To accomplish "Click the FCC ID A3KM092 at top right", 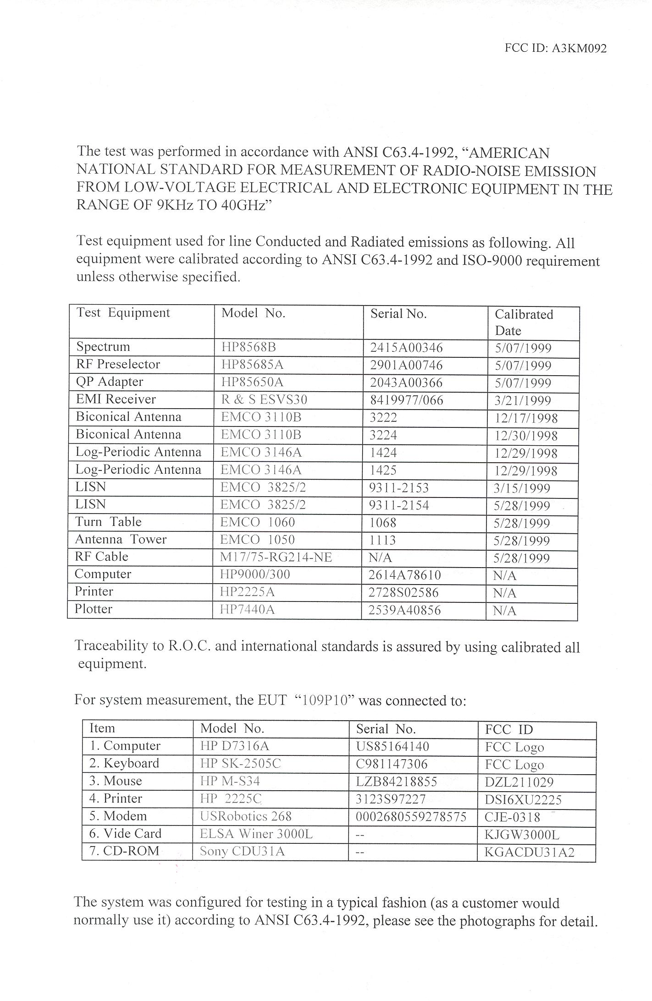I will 555,49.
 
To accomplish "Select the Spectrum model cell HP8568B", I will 246,347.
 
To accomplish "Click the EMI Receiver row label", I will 116,399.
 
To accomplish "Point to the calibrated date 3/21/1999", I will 522,401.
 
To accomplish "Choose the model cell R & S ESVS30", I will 264,400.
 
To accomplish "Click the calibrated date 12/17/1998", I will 526,418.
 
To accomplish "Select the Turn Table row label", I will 108,522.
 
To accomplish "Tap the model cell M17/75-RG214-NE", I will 276,557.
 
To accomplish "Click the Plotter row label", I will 94,609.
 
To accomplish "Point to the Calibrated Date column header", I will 524,323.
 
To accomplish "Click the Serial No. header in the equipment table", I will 398,314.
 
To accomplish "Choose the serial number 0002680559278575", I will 411,817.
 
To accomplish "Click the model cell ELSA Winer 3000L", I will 256,834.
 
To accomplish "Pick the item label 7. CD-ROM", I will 124,851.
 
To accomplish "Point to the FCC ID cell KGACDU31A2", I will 529,853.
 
